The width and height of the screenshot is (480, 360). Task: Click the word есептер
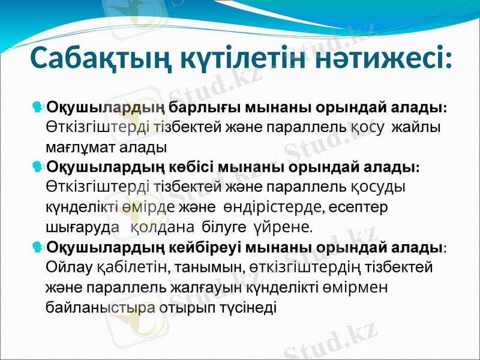coord(359,206)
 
